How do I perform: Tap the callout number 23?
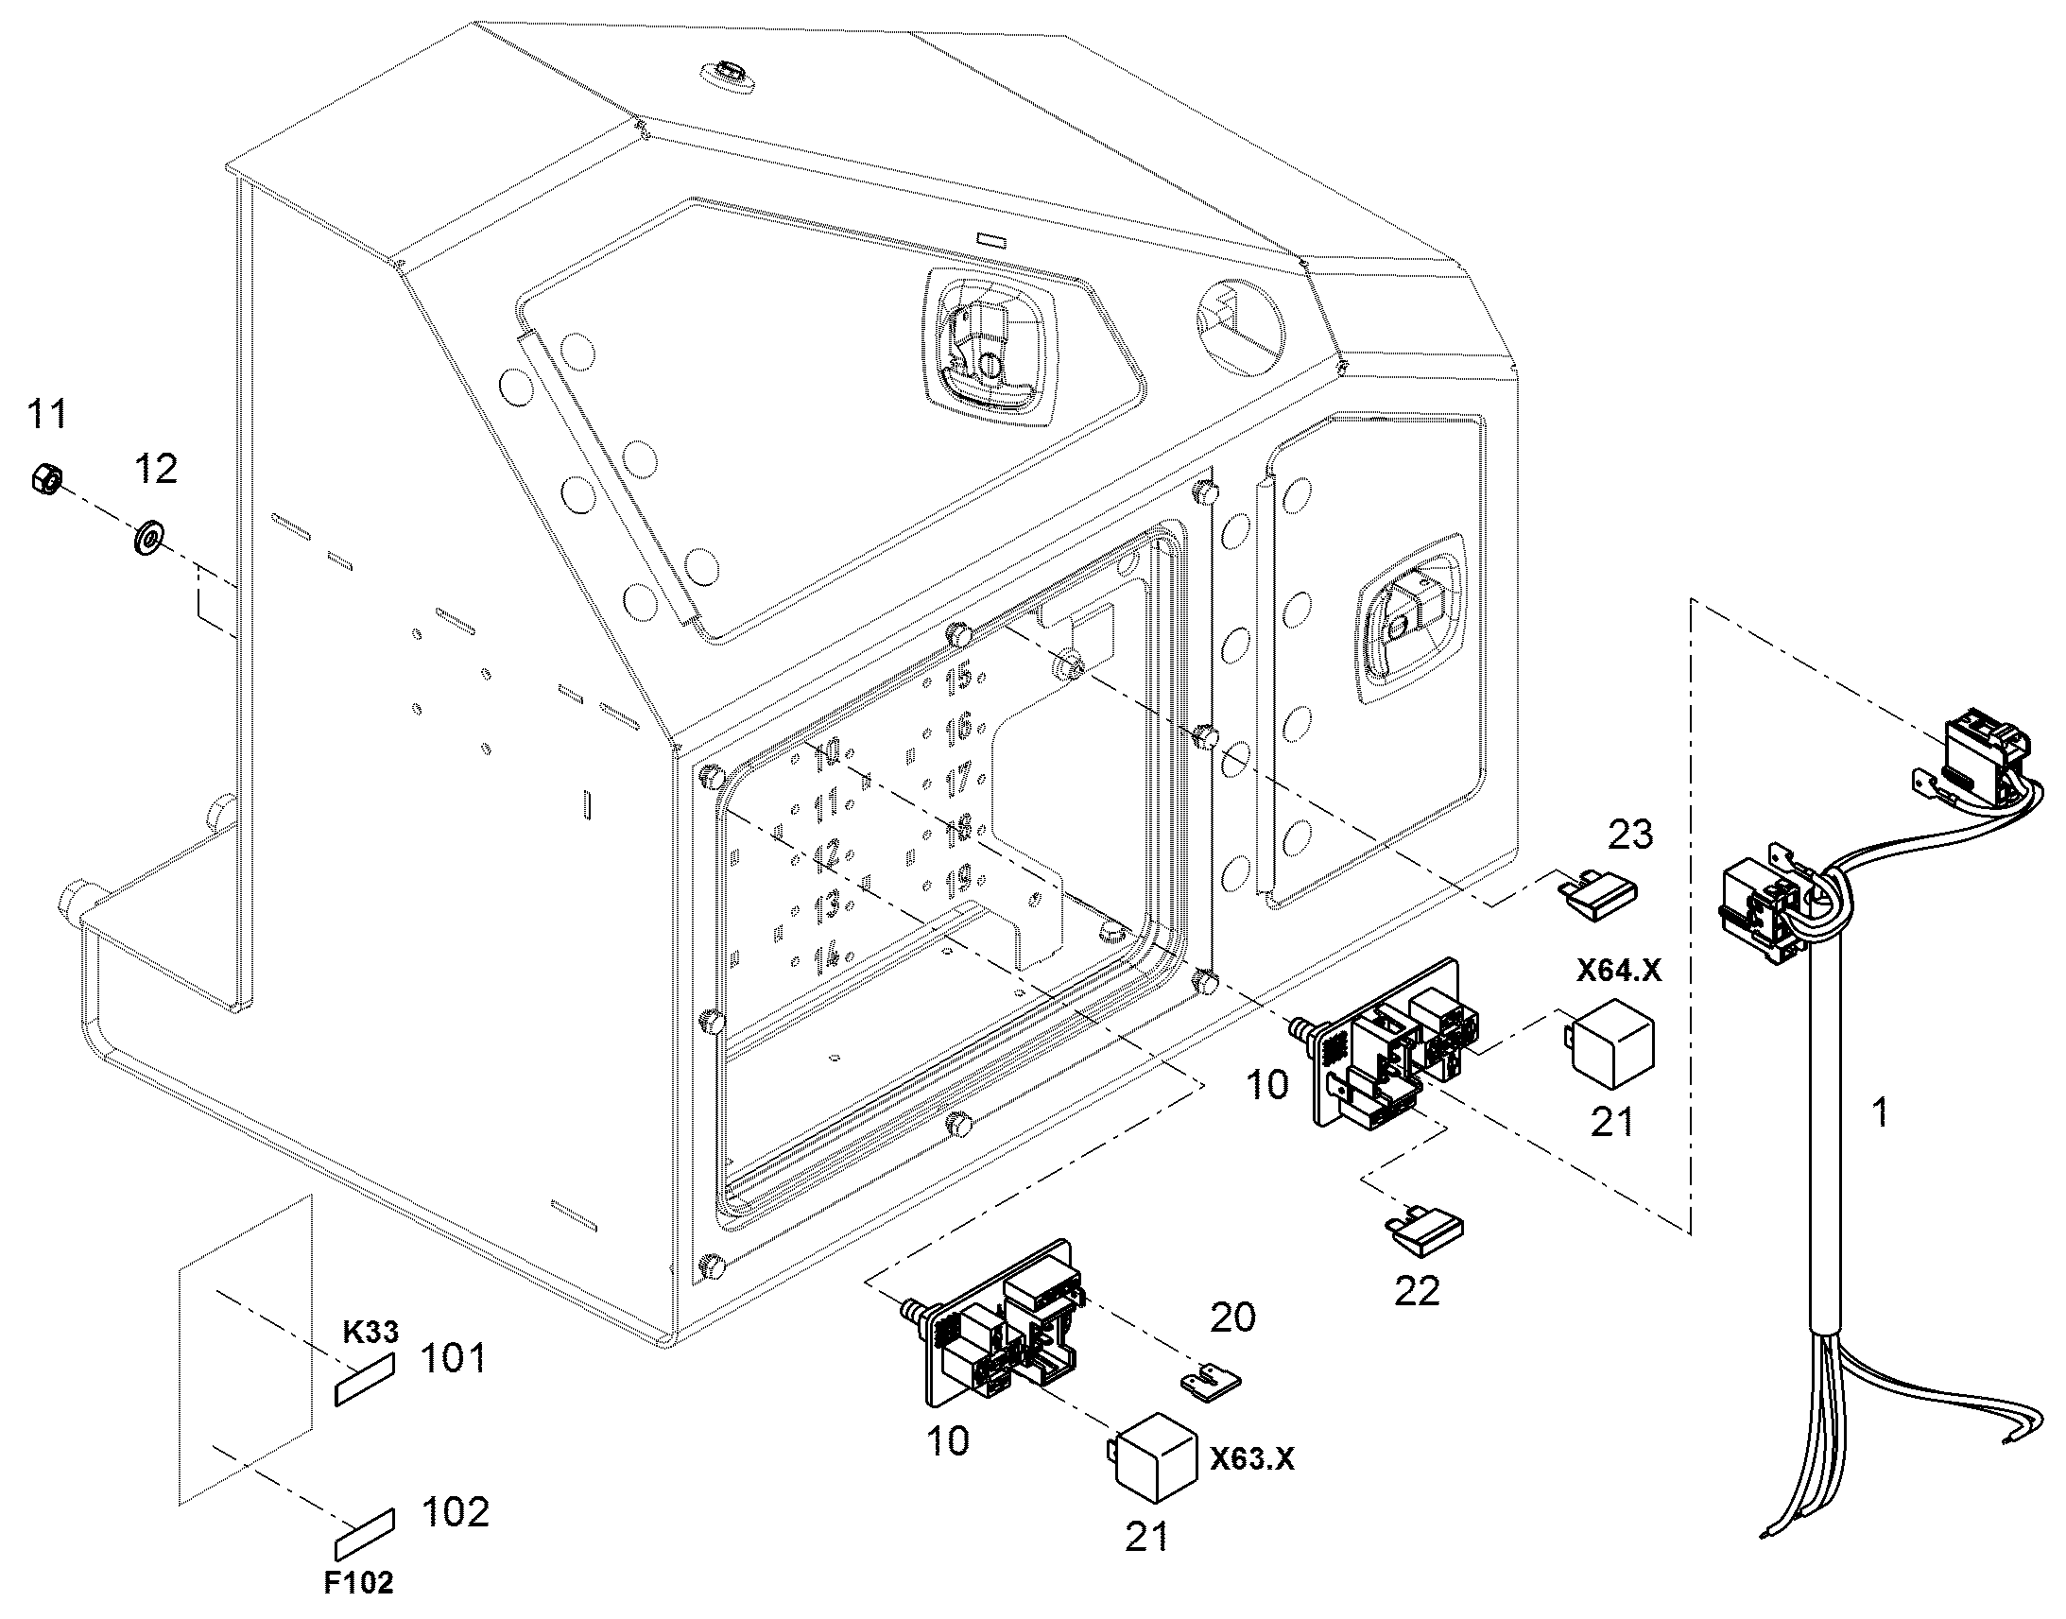[1630, 835]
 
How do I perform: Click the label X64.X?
[1619, 970]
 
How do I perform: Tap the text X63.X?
[1251, 1459]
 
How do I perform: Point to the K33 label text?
[370, 1332]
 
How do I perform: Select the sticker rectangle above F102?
[365, 1533]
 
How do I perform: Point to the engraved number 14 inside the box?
[826, 954]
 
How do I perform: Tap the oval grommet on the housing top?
[729, 75]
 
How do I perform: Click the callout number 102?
[455, 1512]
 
